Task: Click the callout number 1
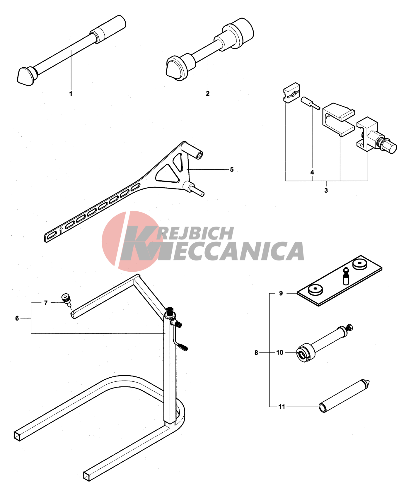pyautogui.click(x=71, y=94)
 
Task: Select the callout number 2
pyautogui.click(x=208, y=93)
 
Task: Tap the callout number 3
pyautogui.click(x=326, y=190)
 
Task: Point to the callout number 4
pyautogui.click(x=312, y=172)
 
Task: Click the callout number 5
pyautogui.click(x=232, y=169)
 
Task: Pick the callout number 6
pyautogui.click(x=17, y=318)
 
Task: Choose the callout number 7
pyautogui.click(x=46, y=303)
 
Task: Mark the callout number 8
pyautogui.click(x=256, y=353)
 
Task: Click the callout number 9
pyautogui.click(x=281, y=293)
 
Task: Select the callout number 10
pyautogui.click(x=280, y=352)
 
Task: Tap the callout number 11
pyautogui.click(x=282, y=407)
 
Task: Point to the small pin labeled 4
pyautogui.click(x=310, y=103)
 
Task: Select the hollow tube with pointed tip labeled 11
pyautogui.click(x=344, y=396)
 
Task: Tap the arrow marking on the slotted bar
pyautogui.click(x=61, y=230)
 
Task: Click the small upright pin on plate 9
pyautogui.click(x=346, y=276)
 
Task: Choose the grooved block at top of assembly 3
pyautogui.click(x=292, y=93)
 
